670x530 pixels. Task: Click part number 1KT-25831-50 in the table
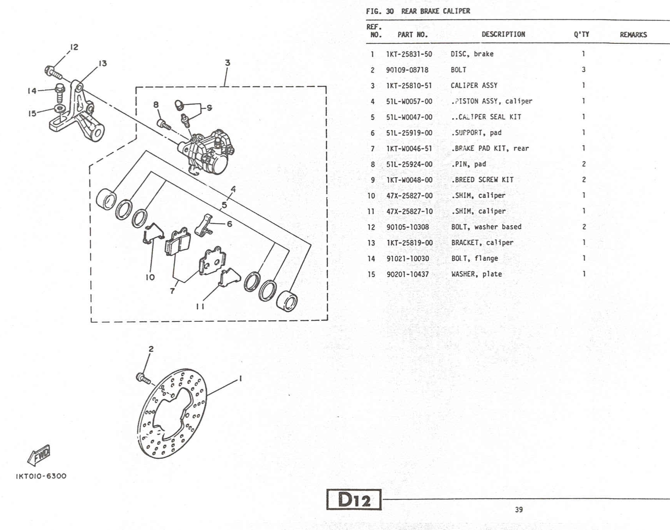409,54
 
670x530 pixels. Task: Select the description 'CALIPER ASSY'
474,85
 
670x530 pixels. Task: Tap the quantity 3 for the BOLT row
583,70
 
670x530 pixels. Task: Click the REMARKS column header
633,35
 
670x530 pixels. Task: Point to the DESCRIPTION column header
503,34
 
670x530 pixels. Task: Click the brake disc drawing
172,413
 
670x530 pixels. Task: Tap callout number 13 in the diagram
103,63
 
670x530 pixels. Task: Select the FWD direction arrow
39,455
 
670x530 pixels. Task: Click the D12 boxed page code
354,499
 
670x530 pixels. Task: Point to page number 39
519,509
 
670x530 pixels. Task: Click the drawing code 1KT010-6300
41,476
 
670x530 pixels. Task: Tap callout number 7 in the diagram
172,291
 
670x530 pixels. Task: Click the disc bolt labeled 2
143,378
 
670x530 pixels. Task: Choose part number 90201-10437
407,274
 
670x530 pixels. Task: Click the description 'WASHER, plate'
476,274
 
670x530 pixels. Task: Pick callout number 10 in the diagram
150,277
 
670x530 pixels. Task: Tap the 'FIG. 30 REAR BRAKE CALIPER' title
418,11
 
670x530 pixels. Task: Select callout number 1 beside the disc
241,378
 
